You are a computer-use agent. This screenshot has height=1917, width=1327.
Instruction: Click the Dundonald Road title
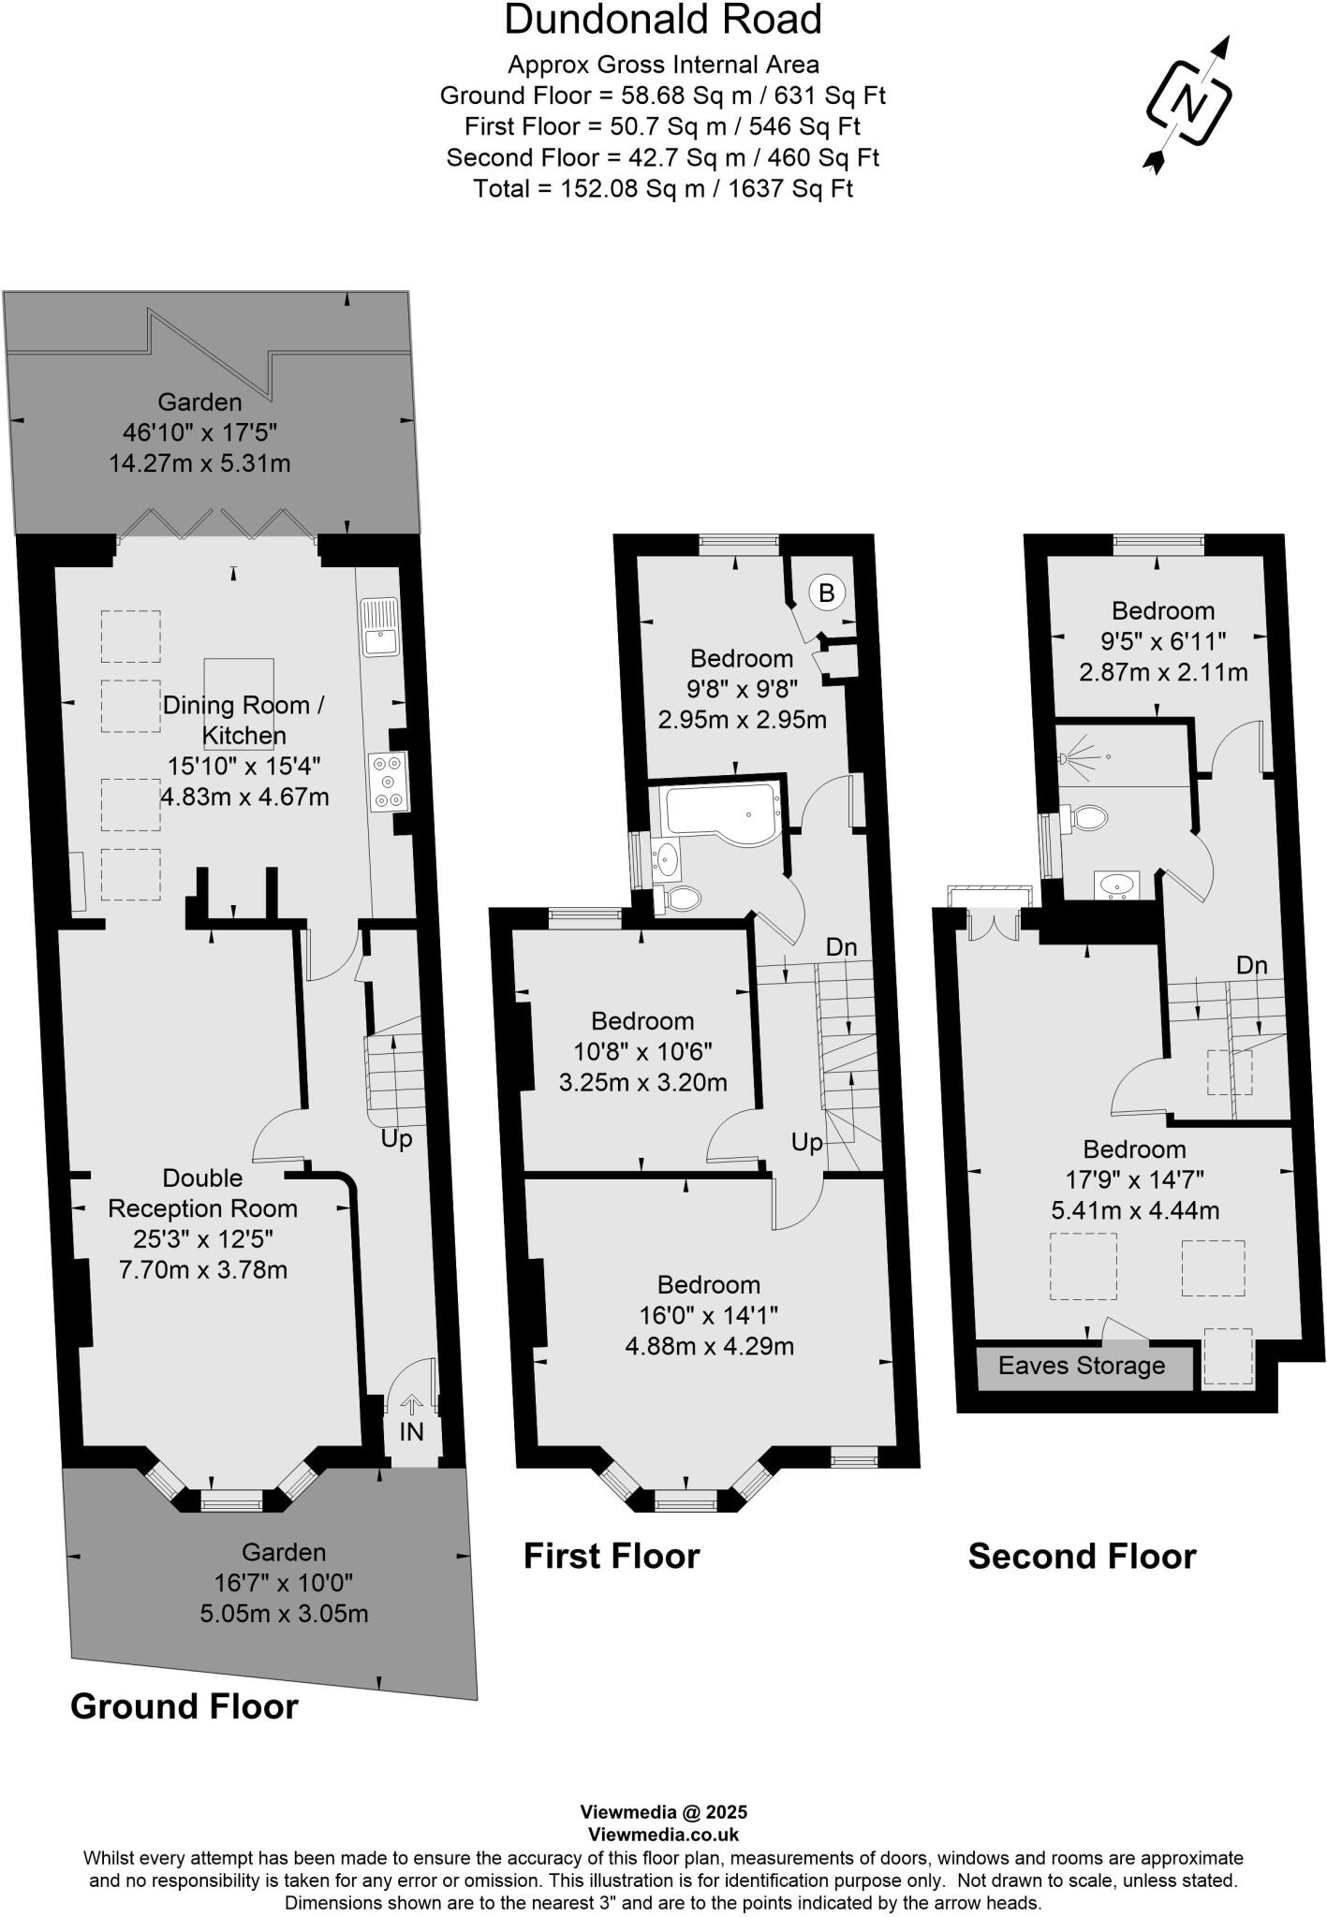click(663, 21)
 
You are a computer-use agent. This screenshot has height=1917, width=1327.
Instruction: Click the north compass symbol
click(1188, 103)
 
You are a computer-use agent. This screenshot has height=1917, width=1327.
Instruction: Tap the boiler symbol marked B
click(826, 593)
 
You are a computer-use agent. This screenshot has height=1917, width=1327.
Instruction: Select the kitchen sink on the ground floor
click(382, 629)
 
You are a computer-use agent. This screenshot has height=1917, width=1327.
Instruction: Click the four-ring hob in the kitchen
click(388, 781)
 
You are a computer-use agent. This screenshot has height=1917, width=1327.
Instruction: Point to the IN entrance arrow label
click(411, 1431)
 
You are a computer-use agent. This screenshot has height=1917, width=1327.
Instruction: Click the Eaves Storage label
click(1082, 1366)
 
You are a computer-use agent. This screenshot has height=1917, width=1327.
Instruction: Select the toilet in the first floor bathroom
click(681, 899)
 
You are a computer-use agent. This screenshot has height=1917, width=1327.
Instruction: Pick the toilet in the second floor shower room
click(1086, 817)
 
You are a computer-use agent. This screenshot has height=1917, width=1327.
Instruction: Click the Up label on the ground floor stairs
click(396, 1139)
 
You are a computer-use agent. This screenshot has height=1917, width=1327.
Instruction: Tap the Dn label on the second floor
click(1251, 965)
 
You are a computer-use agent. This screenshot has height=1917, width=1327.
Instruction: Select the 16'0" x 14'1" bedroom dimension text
click(708, 1315)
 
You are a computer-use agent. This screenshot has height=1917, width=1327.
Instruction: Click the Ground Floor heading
click(184, 1706)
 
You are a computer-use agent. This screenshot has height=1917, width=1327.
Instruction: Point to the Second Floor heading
click(1082, 1557)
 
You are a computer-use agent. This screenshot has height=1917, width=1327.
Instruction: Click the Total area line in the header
click(663, 188)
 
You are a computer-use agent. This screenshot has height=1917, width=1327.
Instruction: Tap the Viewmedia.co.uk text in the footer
click(663, 1835)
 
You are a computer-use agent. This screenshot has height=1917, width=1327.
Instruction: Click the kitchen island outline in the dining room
click(239, 704)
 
